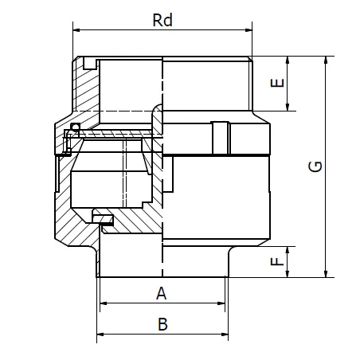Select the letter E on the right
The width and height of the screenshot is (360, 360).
tap(276, 84)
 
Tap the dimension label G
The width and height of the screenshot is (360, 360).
tap(316, 166)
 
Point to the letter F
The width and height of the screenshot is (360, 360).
tap(276, 261)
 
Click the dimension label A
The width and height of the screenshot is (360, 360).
tap(162, 293)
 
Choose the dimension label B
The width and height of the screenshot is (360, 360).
tap(162, 324)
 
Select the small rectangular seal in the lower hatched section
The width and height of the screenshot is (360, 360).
tap(102, 216)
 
